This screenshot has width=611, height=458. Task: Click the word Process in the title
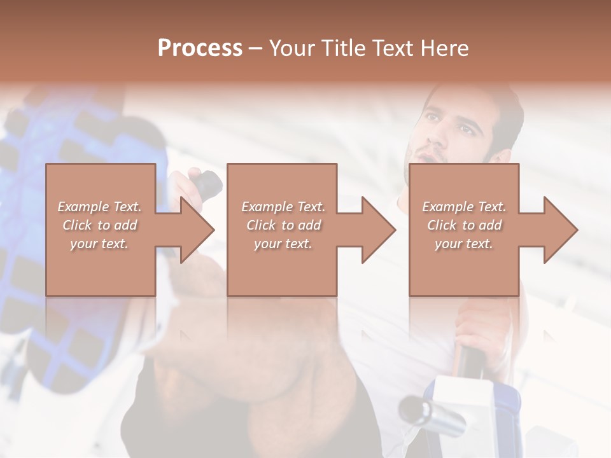[x=200, y=48]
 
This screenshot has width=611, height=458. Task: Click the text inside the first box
[x=99, y=225]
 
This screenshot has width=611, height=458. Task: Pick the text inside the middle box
[x=283, y=225]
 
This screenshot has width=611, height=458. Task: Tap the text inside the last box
[x=464, y=225]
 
